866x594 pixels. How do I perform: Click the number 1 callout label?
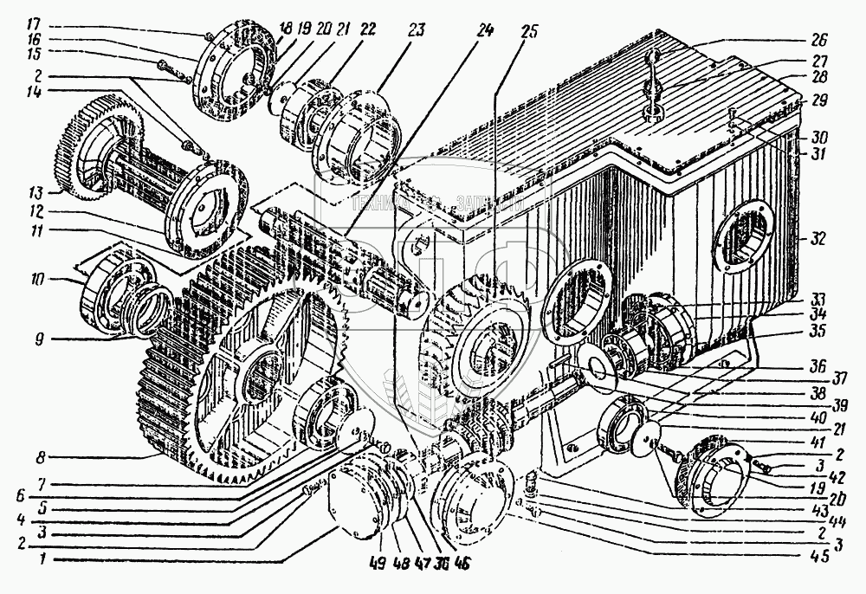click(x=34, y=562)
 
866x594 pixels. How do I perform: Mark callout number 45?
click(x=819, y=558)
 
